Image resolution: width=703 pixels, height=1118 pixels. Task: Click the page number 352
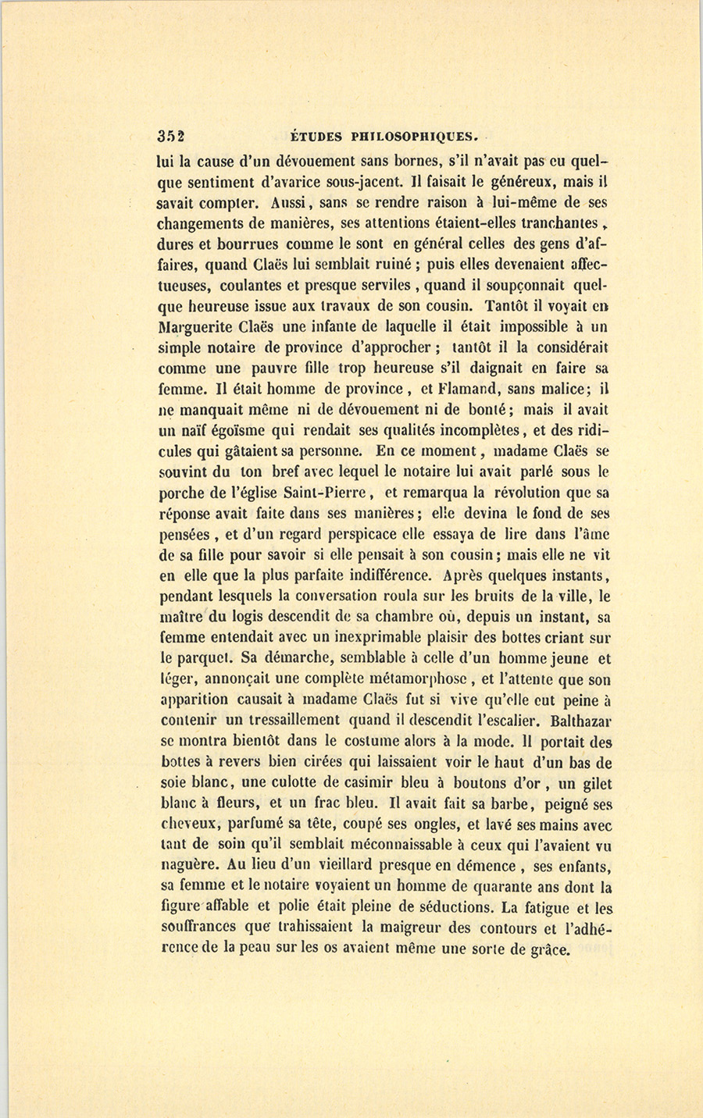tap(170, 134)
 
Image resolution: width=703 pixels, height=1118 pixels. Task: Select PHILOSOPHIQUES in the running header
tap(414, 135)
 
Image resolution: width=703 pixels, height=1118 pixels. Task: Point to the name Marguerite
tap(197, 326)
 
